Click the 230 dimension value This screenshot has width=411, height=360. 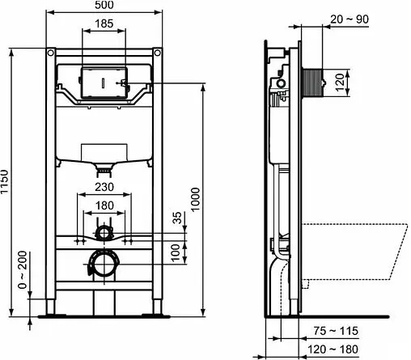click(103, 186)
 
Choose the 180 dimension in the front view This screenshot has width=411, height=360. click(103, 206)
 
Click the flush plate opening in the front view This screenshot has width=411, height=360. click(103, 83)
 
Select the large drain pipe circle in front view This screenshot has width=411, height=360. click(103, 262)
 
